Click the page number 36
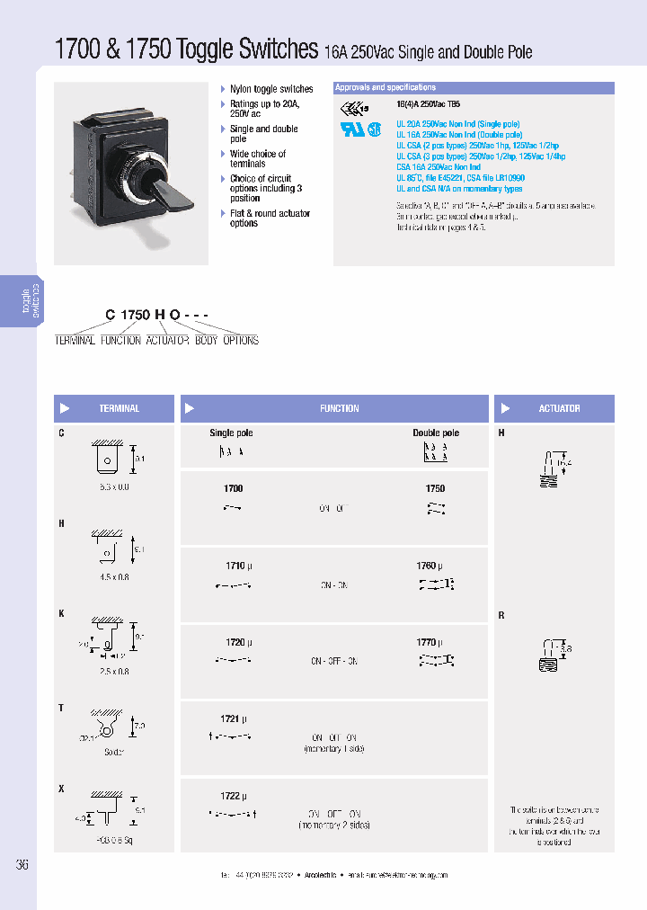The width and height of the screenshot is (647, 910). pos(22,865)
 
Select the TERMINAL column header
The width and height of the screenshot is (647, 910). pos(119,408)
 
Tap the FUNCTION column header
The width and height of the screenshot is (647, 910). pos(339,408)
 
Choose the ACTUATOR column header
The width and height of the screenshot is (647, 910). pos(559,408)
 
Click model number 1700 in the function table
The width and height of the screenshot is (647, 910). pos(233,488)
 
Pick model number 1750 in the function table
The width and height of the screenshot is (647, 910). pos(435,488)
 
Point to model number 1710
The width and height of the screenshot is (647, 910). pos(235,567)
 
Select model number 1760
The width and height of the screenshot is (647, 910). pos(427,567)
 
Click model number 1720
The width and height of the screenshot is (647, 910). pos(235,643)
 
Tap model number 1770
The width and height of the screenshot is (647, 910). pos(427,643)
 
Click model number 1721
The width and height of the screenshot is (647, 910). pos(231,719)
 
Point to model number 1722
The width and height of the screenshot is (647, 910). pos(231,796)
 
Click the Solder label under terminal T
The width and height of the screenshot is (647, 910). pos(112,752)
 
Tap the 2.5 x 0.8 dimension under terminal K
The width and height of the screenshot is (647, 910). pos(112,671)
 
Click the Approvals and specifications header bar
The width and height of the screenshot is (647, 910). pos(474,88)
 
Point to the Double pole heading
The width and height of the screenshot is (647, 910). pos(436,433)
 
